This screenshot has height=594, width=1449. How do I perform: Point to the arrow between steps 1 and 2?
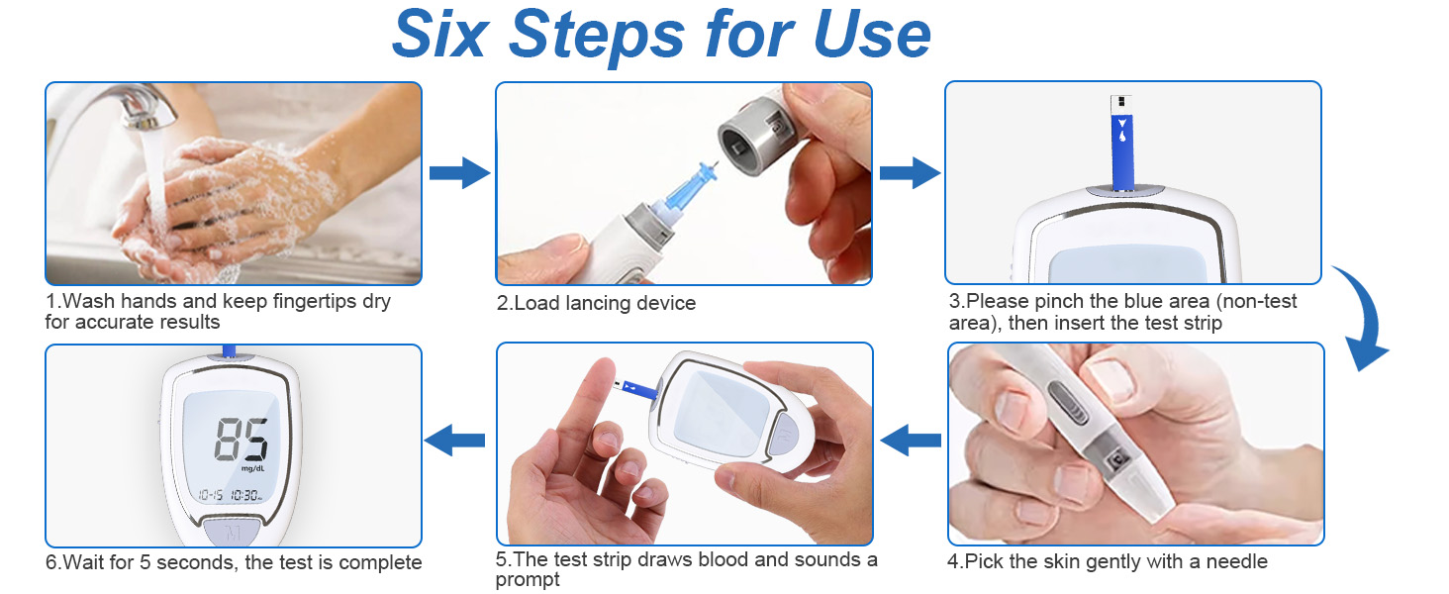coord(459,173)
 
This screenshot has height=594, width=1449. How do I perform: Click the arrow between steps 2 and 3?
coord(909,173)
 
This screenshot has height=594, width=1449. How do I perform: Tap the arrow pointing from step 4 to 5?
coord(910,439)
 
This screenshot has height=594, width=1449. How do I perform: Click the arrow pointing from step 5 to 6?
coord(454,439)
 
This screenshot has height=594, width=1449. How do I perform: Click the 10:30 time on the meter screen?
coord(245,495)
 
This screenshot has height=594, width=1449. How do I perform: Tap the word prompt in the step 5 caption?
coord(528,580)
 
